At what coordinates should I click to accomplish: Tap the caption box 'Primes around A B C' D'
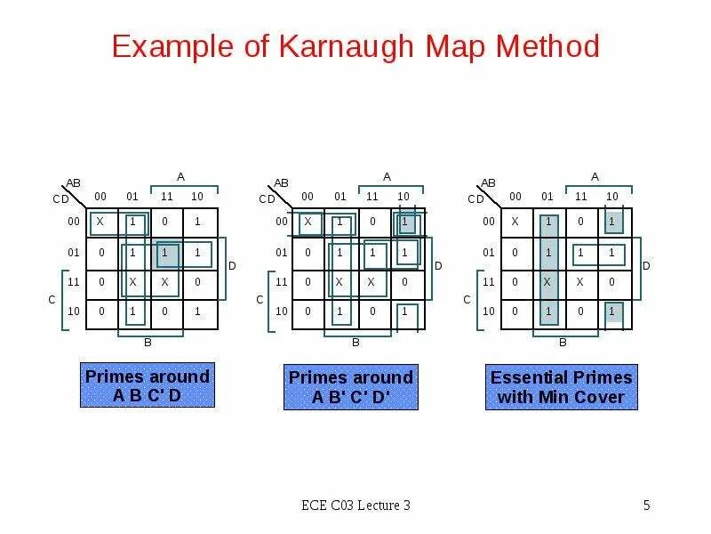[148, 385]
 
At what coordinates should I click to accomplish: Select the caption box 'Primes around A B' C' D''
[351, 387]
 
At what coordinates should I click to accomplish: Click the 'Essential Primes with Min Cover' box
[561, 387]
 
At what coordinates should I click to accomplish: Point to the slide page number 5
[647, 506]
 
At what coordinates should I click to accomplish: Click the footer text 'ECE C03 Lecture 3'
[355, 506]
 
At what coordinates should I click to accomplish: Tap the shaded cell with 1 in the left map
[165, 253]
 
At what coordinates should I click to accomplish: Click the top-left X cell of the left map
[100, 222]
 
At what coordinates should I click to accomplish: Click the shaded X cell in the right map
[548, 282]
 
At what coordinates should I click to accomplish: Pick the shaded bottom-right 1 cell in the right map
[611, 312]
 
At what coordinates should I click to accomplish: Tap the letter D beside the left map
[232, 266]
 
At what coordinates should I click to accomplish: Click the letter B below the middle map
[355, 342]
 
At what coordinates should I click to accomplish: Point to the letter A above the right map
[595, 176]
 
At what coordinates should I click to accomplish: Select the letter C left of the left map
[52, 301]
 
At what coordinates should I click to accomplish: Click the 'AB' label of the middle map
[281, 183]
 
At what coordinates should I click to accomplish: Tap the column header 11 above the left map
[165, 196]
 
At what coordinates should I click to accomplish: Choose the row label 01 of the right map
[489, 253]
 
